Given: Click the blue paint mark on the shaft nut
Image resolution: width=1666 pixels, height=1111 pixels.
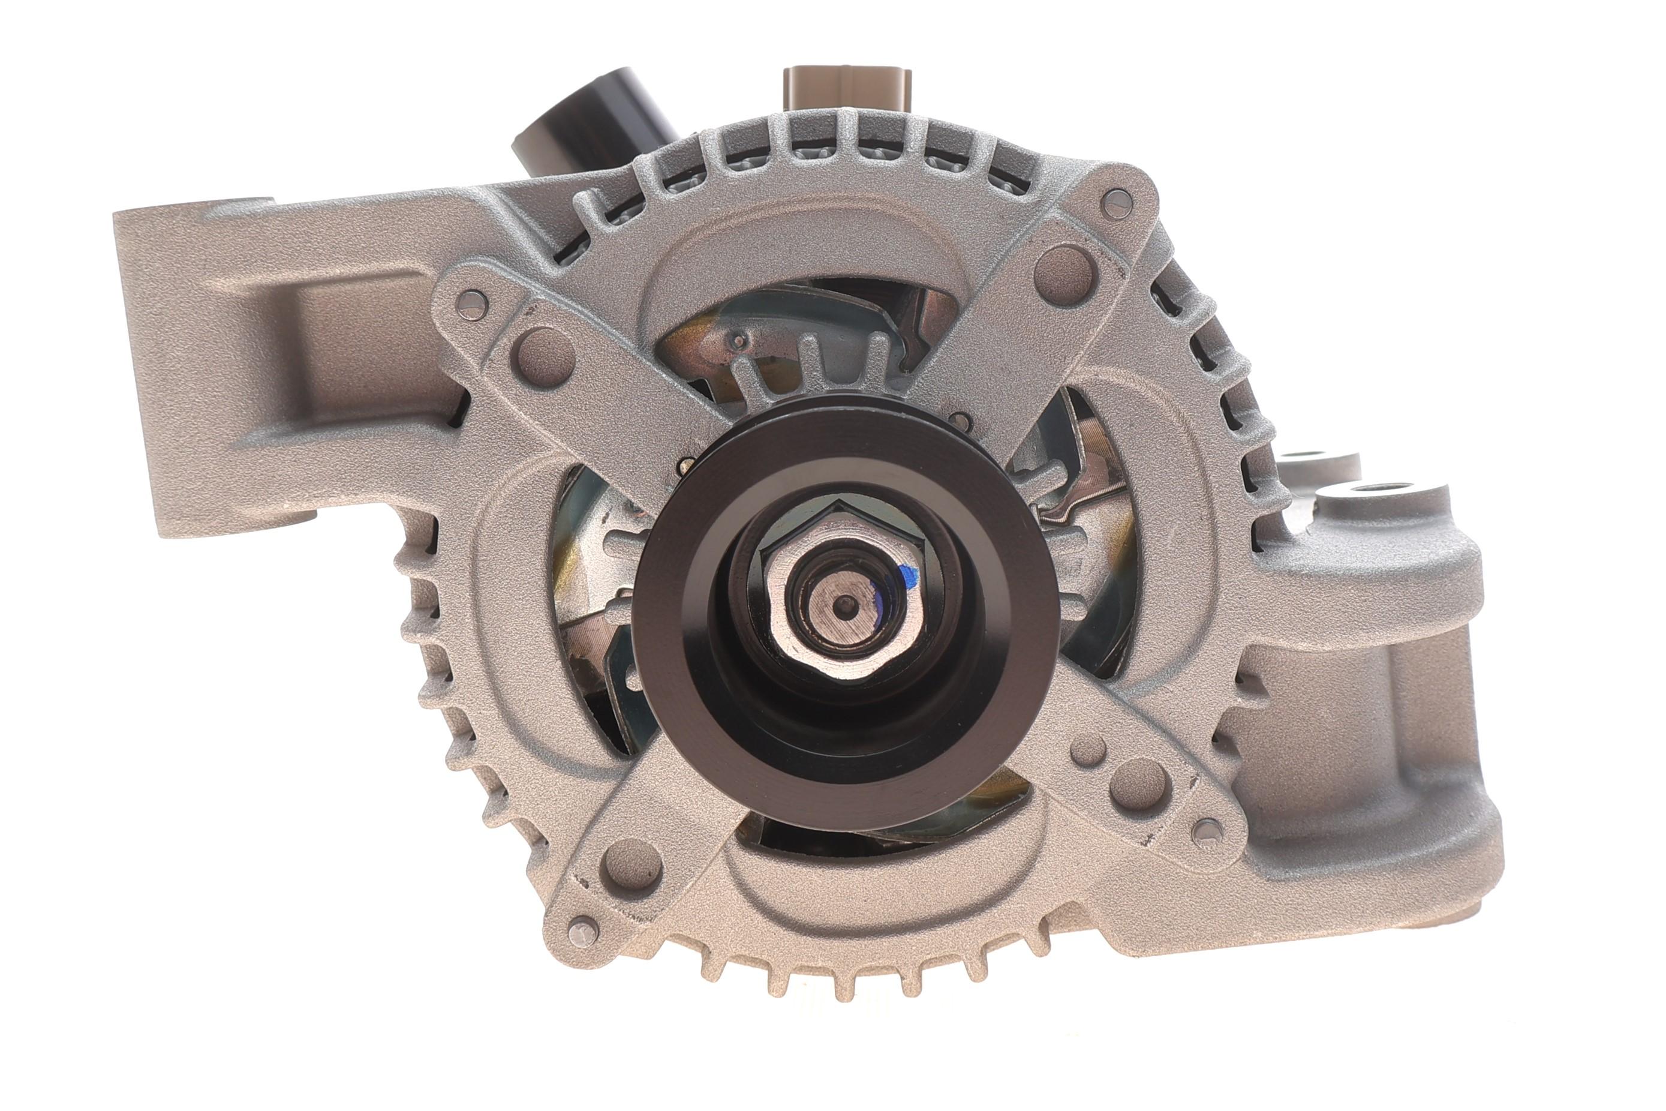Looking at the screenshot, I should click(x=907, y=575).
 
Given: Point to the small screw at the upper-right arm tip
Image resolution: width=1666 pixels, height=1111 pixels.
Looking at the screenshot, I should click(x=1118, y=205).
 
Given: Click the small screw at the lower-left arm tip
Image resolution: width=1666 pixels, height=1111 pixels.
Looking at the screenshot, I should click(x=584, y=930).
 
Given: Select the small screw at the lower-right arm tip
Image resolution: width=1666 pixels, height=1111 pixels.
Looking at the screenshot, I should click(x=1208, y=833).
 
